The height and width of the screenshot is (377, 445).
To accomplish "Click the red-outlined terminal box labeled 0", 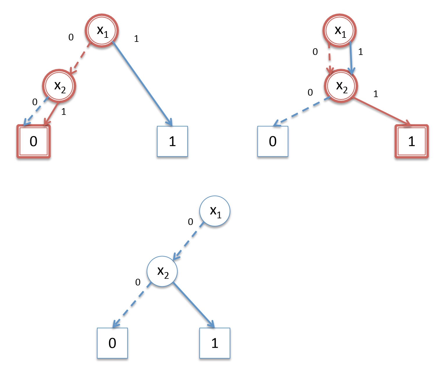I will coord(33,141).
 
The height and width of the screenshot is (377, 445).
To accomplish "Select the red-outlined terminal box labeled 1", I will coord(411,141).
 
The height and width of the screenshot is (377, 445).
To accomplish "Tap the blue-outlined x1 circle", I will coord(215,211).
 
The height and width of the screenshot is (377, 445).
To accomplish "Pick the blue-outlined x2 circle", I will coord(162,271).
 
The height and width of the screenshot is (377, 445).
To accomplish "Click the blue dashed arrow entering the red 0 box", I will coord(35,112).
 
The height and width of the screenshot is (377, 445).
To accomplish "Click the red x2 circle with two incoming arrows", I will coord(341,86).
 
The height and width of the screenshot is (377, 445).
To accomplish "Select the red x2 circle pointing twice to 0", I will coord(59,86).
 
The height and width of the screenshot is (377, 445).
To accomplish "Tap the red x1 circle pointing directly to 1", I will coord(102,30).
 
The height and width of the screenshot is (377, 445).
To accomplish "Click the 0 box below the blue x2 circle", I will coord(112,343).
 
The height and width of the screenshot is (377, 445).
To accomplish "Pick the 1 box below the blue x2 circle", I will coord(214,343).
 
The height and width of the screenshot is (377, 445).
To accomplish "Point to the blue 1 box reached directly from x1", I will coord(172,141).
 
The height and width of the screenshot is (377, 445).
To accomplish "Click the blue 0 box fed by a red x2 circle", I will coord(273,141).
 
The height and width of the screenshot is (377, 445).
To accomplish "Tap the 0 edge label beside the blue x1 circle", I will coord(190,222).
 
